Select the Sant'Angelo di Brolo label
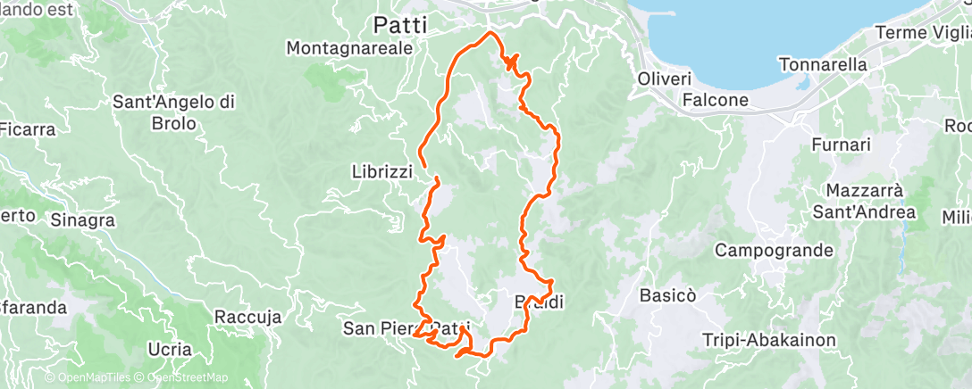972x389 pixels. [173, 112]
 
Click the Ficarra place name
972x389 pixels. [27, 129]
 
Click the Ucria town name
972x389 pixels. [170, 348]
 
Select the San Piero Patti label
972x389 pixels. [406, 328]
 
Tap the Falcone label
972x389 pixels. [716, 100]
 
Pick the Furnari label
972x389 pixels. [841, 144]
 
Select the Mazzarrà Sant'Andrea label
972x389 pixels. [870, 202]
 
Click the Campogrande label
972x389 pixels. [775, 250]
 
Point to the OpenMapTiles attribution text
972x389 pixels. [88, 378]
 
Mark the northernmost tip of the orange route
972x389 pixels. [490, 32]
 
